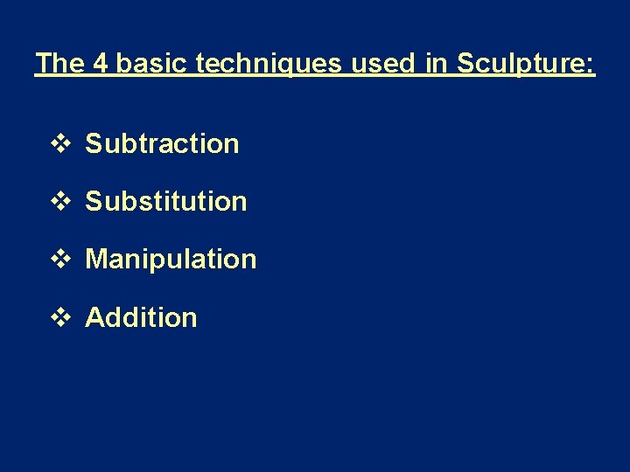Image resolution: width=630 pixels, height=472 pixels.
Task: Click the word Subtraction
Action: [x=162, y=143]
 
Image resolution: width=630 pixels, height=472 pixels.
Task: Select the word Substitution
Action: [x=166, y=201]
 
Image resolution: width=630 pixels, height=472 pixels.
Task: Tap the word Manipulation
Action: [x=171, y=259]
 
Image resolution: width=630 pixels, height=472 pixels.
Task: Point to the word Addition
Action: [x=141, y=316]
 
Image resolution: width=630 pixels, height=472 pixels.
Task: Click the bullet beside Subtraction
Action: [x=59, y=143]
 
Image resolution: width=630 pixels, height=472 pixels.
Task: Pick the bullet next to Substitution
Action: [x=59, y=201]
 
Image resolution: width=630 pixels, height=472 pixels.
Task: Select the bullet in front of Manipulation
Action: [x=59, y=259]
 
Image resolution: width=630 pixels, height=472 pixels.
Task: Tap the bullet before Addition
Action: [x=59, y=316]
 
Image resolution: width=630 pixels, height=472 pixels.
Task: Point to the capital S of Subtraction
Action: [x=94, y=143]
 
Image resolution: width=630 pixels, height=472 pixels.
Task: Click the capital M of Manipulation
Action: [x=96, y=259]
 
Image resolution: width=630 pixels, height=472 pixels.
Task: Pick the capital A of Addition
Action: [x=94, y=316]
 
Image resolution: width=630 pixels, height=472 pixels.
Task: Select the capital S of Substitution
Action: [x=94, y=201]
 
